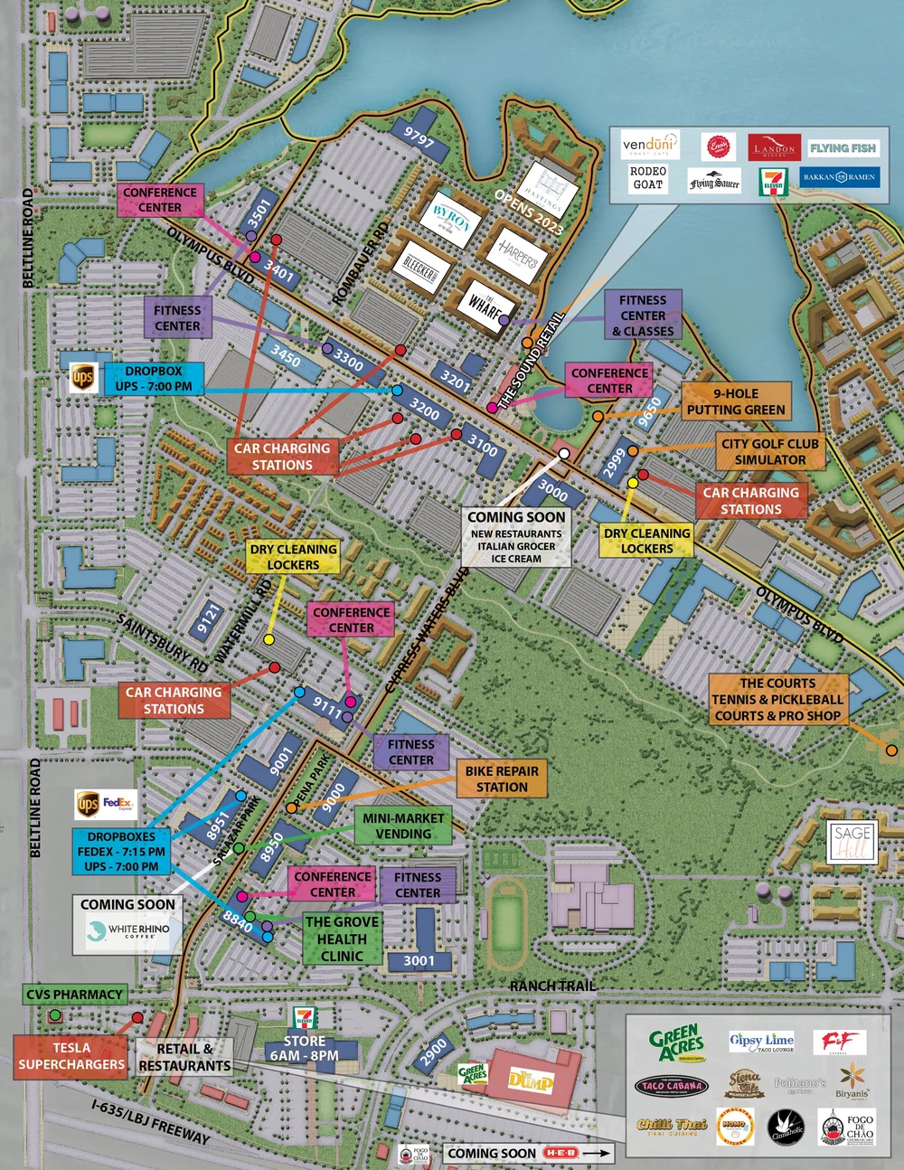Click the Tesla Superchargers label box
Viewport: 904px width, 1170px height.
(71, 1056)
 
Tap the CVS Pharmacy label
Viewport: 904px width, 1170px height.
(74, 995)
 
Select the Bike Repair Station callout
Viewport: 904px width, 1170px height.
(502, 779)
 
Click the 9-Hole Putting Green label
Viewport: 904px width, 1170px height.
(736, 401)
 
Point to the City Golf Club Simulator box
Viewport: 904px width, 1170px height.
(769, 451)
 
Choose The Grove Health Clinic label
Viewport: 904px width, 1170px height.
(342, 939)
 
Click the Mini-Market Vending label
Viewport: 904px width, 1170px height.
(403, 826)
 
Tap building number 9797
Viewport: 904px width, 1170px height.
(419, 138)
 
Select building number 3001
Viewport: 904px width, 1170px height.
(419, 960)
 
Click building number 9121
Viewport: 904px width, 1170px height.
(208, 618)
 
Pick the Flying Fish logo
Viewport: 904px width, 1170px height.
(843, 148)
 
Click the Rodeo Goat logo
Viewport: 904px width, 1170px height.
(647, 178)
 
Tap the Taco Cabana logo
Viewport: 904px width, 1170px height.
(672, 1086)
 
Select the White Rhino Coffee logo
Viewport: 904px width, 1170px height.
(127, 929)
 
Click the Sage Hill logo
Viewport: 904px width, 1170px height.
(852, 842)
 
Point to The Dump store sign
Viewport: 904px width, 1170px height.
(530, 1080)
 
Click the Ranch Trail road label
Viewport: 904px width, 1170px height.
(552, 986)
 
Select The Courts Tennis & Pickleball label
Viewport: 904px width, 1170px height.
(777, 700)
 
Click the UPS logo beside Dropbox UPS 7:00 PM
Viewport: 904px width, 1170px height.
(83, 378)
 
